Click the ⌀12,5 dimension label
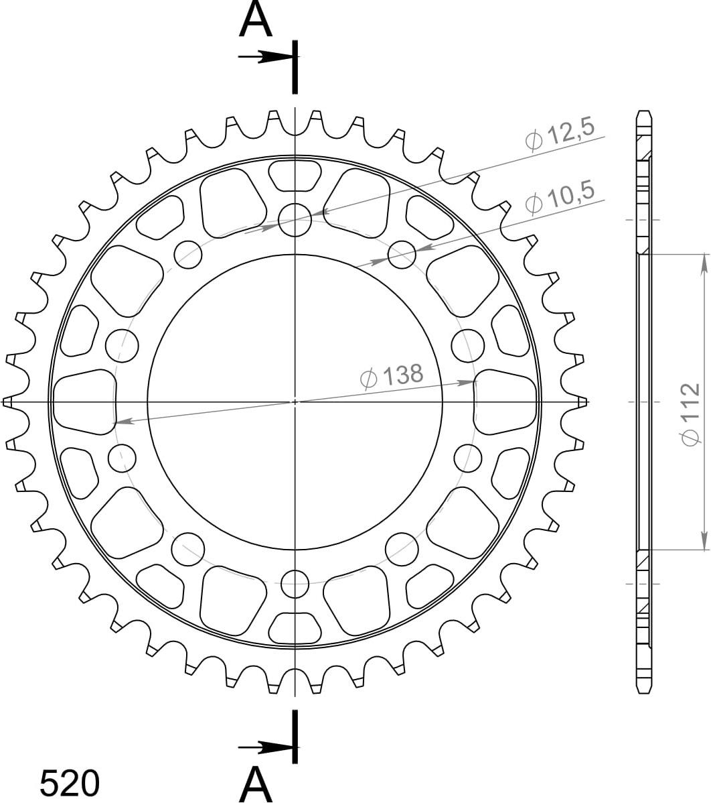coord(560,134)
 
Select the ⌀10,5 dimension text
coord(560,197)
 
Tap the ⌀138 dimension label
coord(392,377)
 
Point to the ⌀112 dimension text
coord(690,414)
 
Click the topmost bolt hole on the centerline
coord(295,221)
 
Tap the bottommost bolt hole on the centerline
coord(295,582)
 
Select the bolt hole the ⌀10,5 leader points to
coord(402,254)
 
